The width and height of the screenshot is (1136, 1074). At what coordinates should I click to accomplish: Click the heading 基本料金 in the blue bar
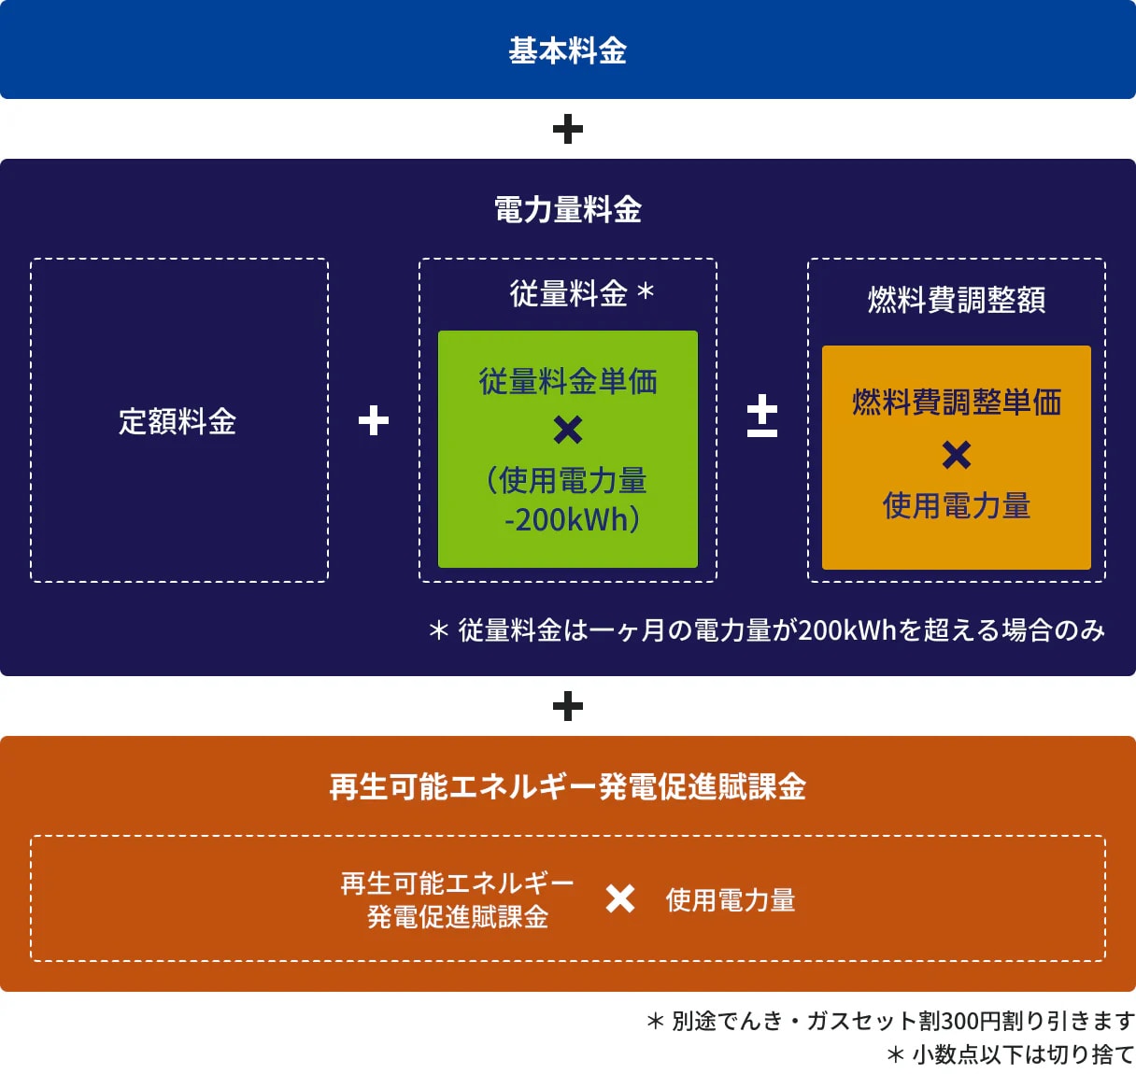click(567, 50)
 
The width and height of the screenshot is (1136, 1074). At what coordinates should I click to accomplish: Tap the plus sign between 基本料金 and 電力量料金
click(567, 129)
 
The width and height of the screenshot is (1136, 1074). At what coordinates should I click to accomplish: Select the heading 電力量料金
click(567, 209)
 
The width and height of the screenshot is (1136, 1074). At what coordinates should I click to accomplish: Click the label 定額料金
click(177, 421)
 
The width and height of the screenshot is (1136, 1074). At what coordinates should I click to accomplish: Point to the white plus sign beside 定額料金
click(374, 420)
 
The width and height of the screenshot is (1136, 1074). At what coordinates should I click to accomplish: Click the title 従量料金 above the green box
click(568, 293)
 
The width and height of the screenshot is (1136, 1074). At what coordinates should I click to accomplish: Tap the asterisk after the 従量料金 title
click(646, 290)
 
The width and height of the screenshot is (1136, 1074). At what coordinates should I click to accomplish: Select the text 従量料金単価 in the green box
click(568, 381)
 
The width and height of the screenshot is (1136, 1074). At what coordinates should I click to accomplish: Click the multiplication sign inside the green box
click(567, 430)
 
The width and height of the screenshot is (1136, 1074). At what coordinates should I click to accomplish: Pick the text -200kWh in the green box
click(566, 519)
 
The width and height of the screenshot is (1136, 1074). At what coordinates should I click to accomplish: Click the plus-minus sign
click(761, 416)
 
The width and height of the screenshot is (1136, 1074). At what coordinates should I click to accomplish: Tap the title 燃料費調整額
click(957, 300)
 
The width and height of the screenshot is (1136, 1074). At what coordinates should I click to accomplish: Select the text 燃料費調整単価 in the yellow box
click(957, 403)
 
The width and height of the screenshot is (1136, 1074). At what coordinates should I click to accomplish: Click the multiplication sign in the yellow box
click(957, 455)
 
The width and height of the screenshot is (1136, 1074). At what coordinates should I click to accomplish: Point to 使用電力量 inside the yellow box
click(957, 505)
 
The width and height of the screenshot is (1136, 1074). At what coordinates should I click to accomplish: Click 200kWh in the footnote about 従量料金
click(847, 629)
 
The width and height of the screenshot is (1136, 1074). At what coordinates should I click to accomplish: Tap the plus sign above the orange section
click(567, 706)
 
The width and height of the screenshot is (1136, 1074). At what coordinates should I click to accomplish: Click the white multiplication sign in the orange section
click(620, 899)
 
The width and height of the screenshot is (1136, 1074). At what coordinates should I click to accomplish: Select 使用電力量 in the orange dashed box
click(731, 900)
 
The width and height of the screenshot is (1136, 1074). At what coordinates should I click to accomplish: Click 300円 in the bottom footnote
click(972, 1021)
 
